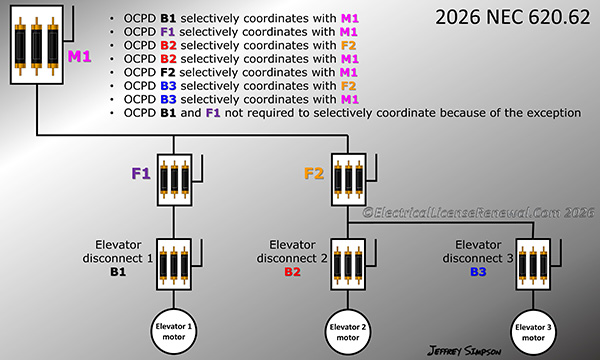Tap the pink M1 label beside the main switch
[80, 58]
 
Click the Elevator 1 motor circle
[174, 331]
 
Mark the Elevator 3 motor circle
[531, 331]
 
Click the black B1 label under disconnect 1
[118, 271]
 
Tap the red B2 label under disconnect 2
[292, 271]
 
